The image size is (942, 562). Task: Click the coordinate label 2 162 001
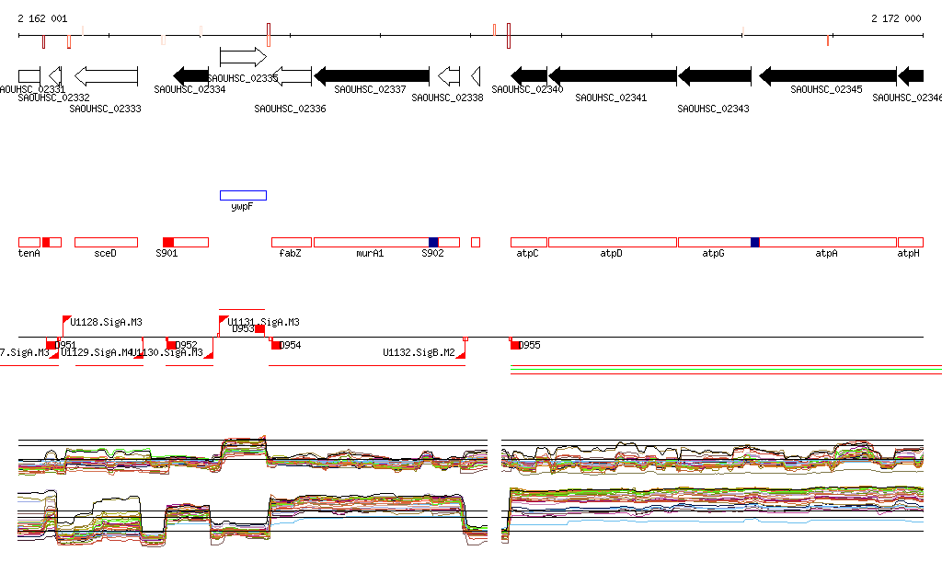click(42, 18)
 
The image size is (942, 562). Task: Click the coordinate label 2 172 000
click(896, 18)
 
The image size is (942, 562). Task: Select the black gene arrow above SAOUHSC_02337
click(372, 75)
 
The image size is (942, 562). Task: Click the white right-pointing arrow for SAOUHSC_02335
click(242, 57)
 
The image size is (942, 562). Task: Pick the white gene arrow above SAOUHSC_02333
click(106, 75)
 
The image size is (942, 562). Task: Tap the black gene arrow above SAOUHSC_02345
click(827, 75)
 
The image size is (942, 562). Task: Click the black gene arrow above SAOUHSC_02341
click(612, 75)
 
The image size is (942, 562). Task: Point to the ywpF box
click(243, 195)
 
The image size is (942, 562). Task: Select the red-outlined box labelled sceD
click(106, 242)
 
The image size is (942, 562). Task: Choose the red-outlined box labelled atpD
click(612, 242)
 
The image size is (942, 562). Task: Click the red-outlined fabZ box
click(291, 242)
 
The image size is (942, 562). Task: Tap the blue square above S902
click(433, 242)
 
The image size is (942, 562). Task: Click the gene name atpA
click(826, 253)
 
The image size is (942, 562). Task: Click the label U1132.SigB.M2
click(419, 352)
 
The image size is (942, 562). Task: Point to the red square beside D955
click(514, 345)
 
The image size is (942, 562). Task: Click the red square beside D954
click(275, 345)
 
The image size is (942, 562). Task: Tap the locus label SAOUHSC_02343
click(713, 109)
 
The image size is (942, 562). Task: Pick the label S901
click(167, 253)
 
